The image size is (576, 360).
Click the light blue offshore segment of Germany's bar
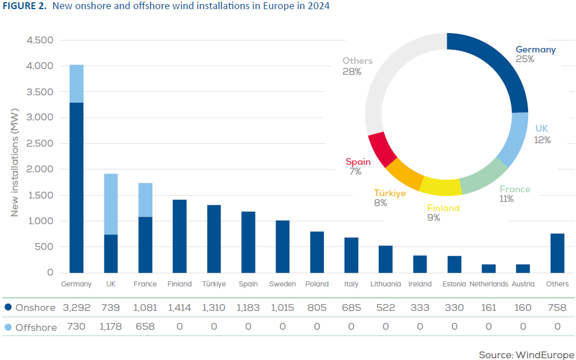[x=76, y=83]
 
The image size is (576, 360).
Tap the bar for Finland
[x=180, y=236]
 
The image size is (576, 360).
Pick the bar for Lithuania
[x=386, y=259]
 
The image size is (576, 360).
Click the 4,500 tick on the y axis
[x=40, y=41]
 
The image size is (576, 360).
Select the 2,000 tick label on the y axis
[x=40, y=169]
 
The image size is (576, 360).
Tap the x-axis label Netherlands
[x=489, y=284]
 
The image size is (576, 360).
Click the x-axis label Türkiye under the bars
[x=214, y=284]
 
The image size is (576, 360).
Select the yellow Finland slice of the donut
[x=441, y=187]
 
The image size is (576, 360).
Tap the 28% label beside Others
[x=352, y=72]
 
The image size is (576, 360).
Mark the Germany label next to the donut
[x=536, y=50]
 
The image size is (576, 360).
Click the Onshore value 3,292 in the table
[x=77, y=308]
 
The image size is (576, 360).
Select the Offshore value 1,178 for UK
[x=111, y=327]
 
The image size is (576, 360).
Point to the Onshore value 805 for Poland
[x=317, y=308]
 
